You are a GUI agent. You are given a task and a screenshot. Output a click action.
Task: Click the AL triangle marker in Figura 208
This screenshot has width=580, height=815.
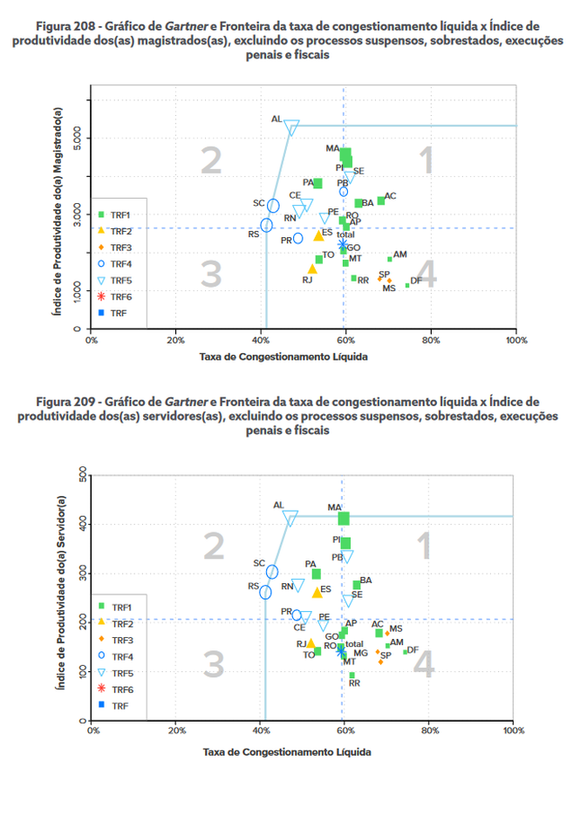(291, 126)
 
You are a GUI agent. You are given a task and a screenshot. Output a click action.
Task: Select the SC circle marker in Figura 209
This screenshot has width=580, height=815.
(272, 572)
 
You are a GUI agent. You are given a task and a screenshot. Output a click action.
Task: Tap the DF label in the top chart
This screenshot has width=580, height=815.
(416, 280)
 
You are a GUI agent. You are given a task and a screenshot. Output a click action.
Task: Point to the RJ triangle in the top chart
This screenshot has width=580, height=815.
(312, 268)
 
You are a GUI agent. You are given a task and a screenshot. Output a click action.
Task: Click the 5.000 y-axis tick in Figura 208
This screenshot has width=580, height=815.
(76, 137)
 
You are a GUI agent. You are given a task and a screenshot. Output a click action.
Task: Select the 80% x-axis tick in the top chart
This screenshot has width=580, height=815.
(431, 340)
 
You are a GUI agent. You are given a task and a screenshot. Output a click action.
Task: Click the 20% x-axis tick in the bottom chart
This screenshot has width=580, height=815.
(175, 731)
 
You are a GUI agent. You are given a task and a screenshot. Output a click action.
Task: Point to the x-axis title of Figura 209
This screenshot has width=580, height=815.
(288, 750)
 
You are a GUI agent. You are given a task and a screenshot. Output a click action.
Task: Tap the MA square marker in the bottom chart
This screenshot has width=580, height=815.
(344, 519)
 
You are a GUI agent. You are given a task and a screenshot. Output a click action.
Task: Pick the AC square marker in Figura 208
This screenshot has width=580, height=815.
(381, 200)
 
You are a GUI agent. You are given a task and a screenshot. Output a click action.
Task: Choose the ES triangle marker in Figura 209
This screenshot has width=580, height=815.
(317, 593)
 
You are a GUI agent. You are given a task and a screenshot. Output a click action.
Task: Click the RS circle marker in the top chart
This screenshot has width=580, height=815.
(266, 225)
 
